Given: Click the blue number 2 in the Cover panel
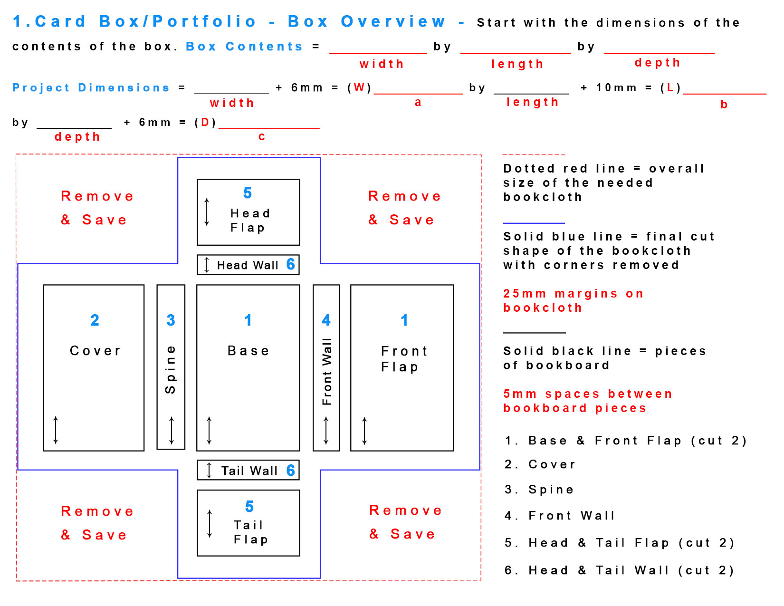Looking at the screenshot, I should click(95, 320).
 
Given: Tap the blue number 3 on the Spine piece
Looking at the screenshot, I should click(171, 320).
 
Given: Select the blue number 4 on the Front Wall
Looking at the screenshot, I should click(326, 320).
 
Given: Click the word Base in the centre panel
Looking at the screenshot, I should click(249, 351).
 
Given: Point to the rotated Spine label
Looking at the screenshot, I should click(171, 370).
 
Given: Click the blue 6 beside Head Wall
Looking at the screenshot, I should click(291, 265).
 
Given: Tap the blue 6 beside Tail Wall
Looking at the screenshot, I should click(291, 471).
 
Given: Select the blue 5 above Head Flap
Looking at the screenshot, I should click(248, 193).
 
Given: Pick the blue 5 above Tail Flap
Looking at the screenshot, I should click(249, 507).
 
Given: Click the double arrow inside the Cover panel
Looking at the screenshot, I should click(56, 430).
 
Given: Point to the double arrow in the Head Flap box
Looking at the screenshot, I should click(207, 212).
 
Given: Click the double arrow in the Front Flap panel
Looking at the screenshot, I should click(364, 431).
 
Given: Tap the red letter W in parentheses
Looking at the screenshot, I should click(359, 88).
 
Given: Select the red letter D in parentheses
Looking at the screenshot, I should click(205, 123).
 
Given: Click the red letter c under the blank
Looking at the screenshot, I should click(261, 137).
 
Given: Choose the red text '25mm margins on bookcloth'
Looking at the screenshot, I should click(573, 300).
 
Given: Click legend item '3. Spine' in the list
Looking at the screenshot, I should click(539, 490).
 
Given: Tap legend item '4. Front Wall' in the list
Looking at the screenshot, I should click(560, 516).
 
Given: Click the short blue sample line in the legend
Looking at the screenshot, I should click(534, 223).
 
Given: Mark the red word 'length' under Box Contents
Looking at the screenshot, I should click(517, 64).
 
